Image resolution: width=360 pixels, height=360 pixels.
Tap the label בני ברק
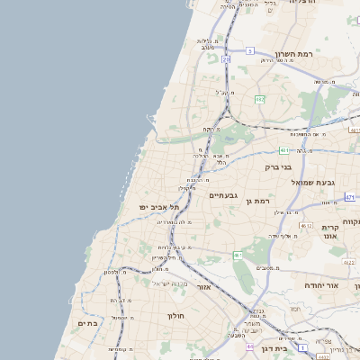point(279,166)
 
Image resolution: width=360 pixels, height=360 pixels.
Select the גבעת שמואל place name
point(313,183)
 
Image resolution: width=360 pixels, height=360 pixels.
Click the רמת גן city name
point(263,201)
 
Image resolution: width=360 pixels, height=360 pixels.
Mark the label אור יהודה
point(319,284)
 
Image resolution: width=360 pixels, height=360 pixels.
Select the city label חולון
point(175,316)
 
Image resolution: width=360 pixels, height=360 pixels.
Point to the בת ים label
point(87,323)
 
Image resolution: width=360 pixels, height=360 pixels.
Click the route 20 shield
point(225,59)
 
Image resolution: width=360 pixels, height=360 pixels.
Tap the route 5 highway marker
point(249,52)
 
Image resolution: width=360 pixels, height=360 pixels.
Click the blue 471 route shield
point(283,151)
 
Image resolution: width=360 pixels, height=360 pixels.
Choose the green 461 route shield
point(238,256)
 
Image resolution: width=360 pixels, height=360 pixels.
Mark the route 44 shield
point(248,345)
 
